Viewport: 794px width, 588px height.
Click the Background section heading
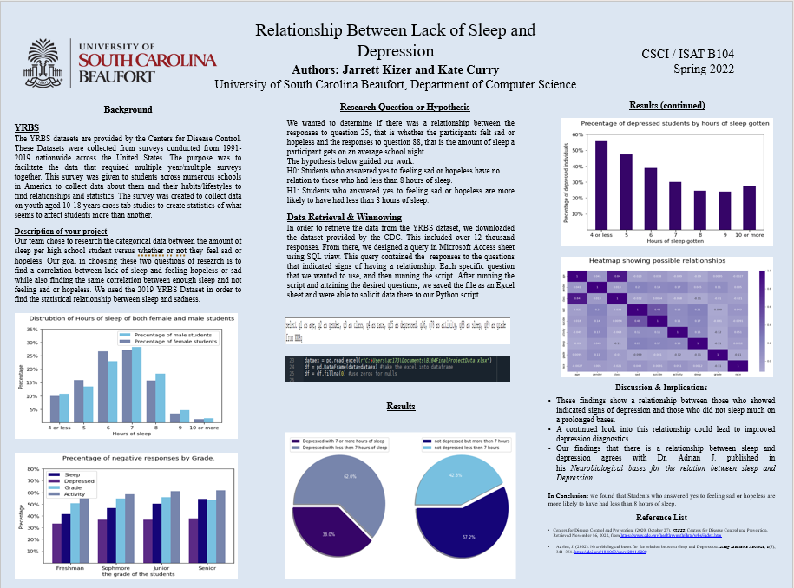pos(128,110)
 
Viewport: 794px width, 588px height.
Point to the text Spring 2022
pos(704,69)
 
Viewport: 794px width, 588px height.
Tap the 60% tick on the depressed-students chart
pos(576,135)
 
